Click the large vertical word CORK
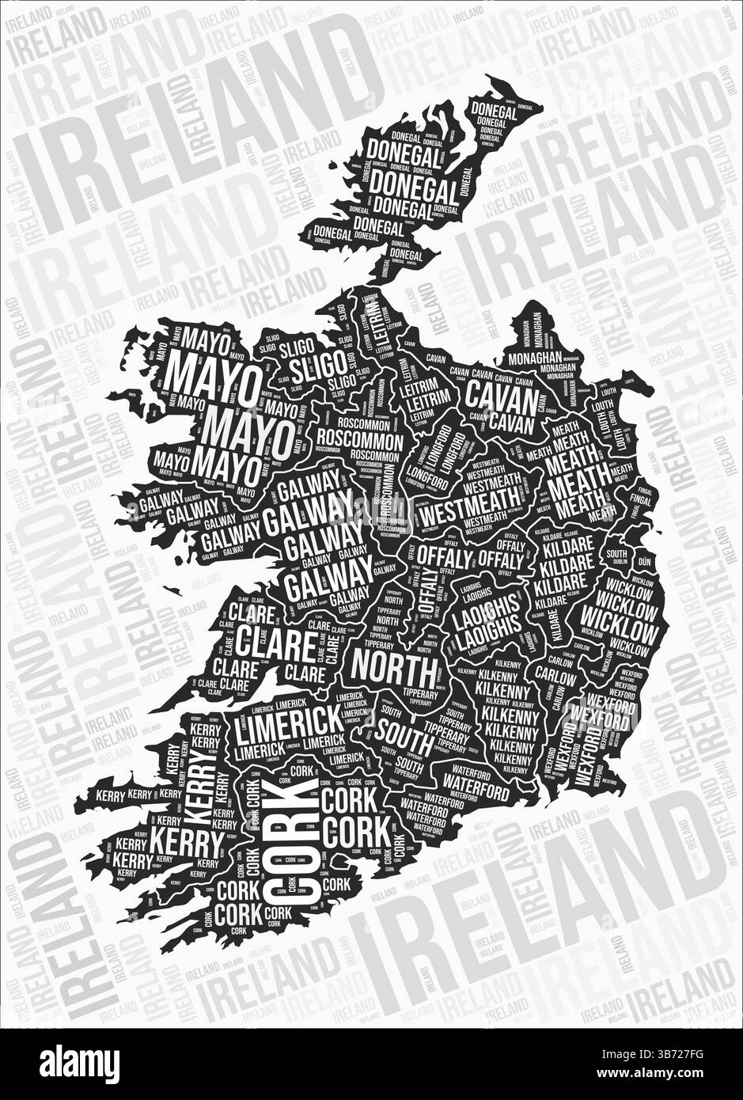click(289, 838)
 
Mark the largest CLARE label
click(275, 644)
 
